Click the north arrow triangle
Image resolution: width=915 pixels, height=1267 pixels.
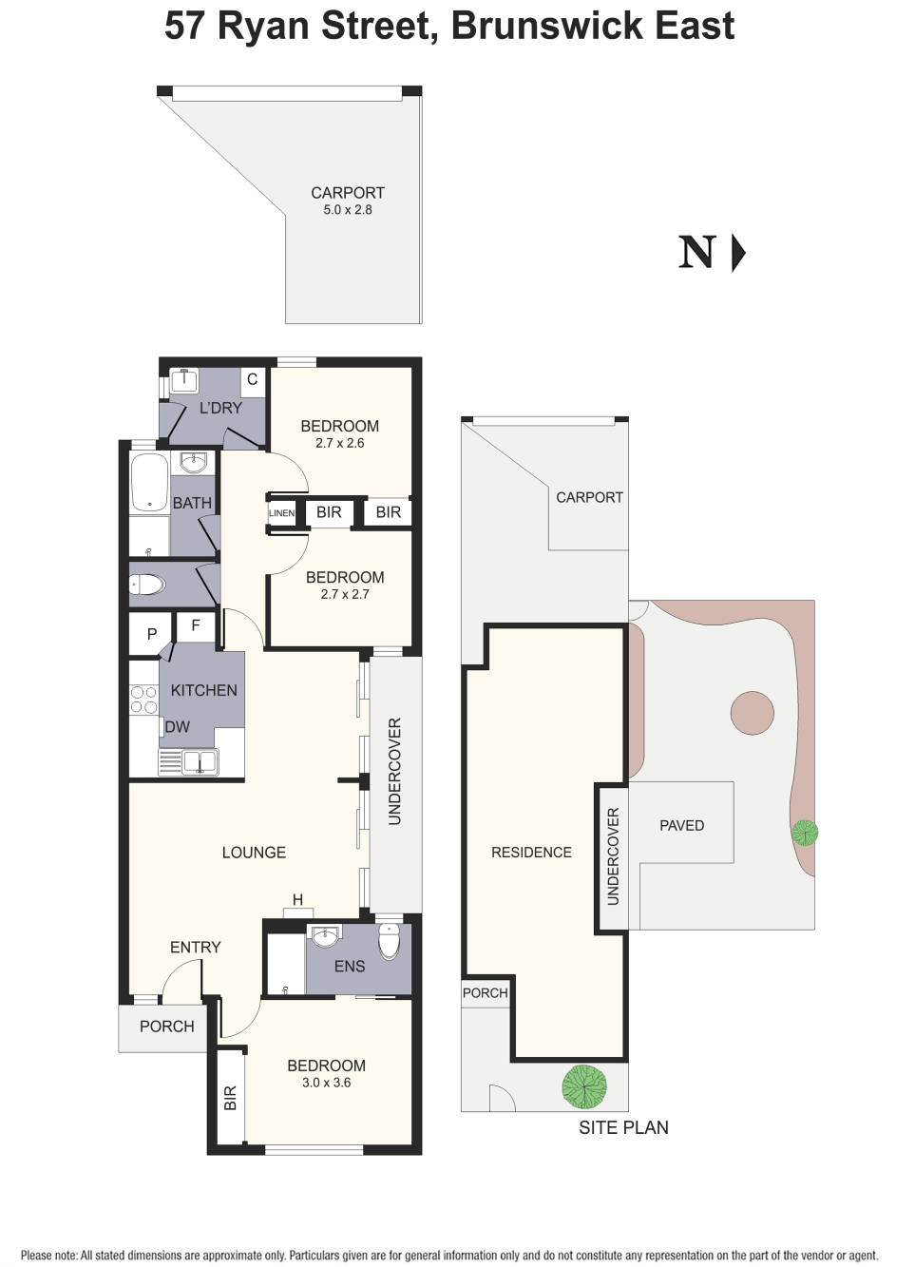pos(738,254)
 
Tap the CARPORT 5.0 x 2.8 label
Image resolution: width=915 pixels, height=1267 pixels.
pos(348,201)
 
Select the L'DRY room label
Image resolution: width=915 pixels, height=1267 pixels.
pos(220,408)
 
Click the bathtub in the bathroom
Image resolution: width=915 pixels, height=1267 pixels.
pos(149,483)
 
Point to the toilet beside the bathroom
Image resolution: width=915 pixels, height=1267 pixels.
pos(148,584)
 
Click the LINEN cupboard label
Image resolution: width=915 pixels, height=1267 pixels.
pos(282,513)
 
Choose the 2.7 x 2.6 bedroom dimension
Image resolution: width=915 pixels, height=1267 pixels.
pos(340,443)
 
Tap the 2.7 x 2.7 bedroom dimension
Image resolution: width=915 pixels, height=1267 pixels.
pos(345,594)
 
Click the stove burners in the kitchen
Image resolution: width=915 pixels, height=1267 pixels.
pos(143,700)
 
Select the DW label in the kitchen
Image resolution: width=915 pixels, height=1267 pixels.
pos(178,727)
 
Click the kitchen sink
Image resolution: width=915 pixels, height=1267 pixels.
pos(200,761)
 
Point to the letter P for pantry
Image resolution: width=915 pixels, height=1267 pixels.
pos(152,634)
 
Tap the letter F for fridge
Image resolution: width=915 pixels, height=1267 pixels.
pos(196,625)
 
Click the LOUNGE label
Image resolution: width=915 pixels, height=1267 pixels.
pos(254,853)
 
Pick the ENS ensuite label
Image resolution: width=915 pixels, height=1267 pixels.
pos(350,966)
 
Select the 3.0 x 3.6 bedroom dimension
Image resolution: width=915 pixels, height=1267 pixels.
pos(326,1083)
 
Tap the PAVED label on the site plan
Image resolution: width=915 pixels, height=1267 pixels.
pos(682,825)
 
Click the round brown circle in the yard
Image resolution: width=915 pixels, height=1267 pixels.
pos(753,712)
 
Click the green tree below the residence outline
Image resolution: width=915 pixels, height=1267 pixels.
pos(584,1086)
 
